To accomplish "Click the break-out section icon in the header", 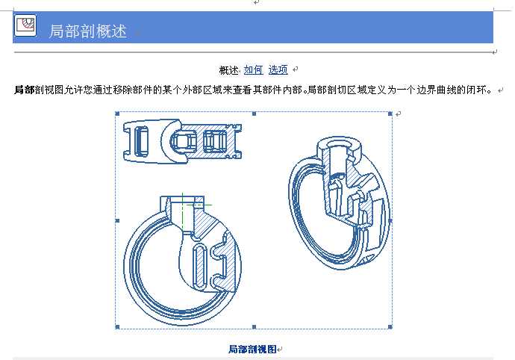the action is [25, 25].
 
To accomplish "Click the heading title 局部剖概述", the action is [87, 31].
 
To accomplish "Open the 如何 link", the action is [253, 69].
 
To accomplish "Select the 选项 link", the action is [278, 69].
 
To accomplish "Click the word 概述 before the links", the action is [229, 70].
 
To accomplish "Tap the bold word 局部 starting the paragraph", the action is [24, 90].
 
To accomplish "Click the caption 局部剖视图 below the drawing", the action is [252, 349].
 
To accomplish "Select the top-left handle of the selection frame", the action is [117, 114].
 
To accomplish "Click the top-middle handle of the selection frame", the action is [254, 114].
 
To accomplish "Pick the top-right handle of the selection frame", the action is [390, 114].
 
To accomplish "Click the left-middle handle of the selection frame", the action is [117, 220].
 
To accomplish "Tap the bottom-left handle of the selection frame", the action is [117, 327].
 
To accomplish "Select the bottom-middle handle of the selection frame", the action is [254, 327].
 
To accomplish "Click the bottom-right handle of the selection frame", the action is [390, 327].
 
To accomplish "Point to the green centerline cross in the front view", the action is [183, 205].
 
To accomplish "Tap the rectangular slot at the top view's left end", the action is [141, 141].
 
